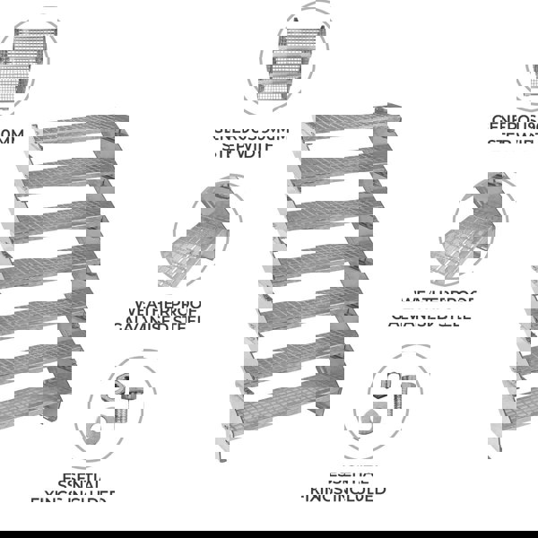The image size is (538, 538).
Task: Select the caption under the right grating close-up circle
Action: tap(436, 309)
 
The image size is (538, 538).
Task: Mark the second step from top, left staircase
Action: tap(72, 175)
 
